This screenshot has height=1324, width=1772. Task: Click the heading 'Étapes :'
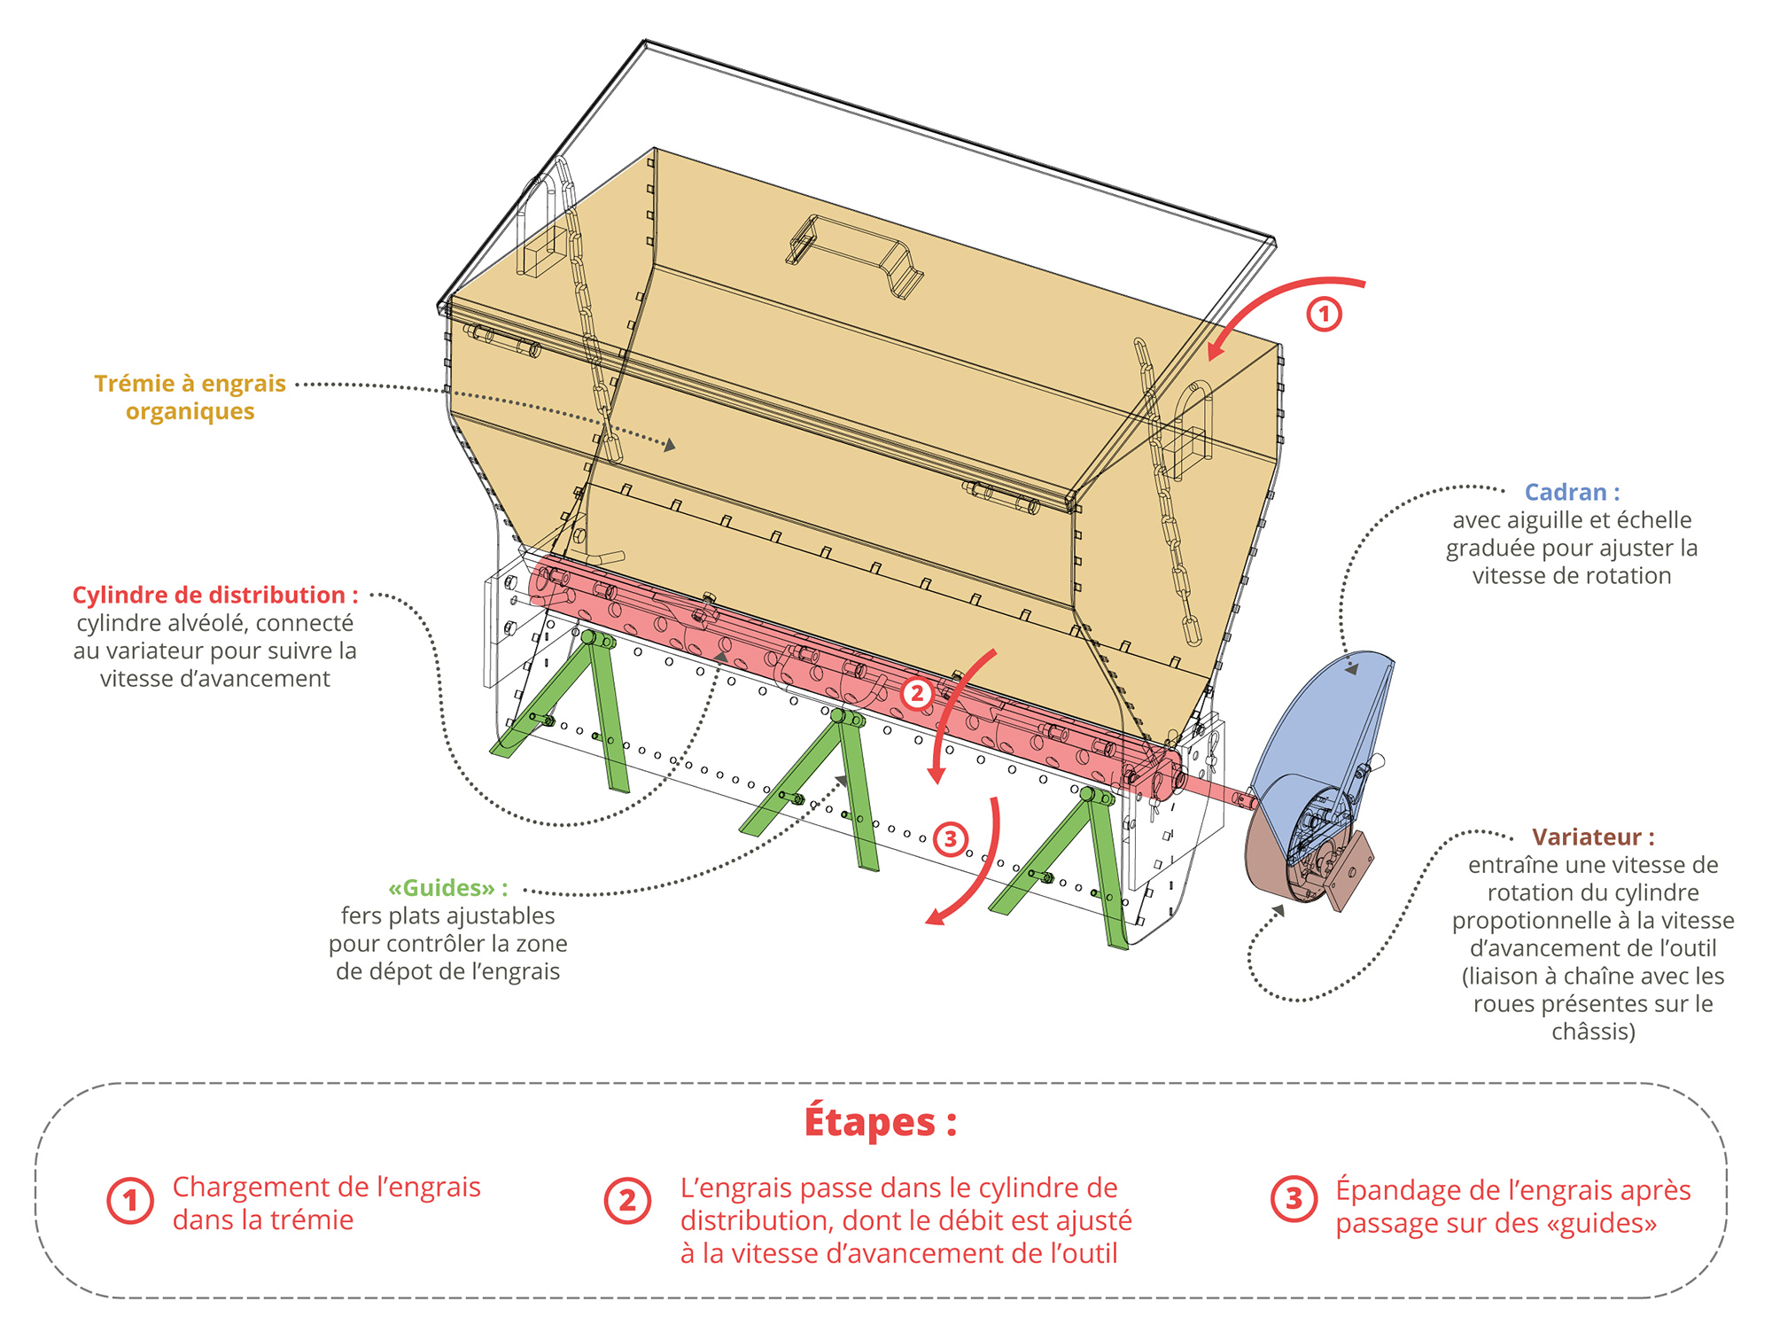[x=880, y=1122]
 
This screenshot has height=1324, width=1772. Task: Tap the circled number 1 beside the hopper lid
[x=1324, y=314]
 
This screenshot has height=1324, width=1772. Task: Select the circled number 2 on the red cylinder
[x=917, y=693]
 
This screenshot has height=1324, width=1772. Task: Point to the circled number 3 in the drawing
[x=950, y=838]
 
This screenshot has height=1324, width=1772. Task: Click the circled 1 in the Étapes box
[x=130, y=1201]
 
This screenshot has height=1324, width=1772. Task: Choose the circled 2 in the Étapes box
[x=627, y=1201]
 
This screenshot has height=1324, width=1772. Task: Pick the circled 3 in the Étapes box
[x=1294, y=1199]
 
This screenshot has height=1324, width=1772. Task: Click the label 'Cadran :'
[x=1572, y=492]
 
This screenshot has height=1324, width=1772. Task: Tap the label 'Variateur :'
[x=1593, y=837]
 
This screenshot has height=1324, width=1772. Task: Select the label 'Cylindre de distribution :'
[x=215, y=595]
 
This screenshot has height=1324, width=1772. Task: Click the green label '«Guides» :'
[x=448, y=888]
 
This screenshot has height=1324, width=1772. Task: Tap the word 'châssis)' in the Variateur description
[x=1593, y=1032]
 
